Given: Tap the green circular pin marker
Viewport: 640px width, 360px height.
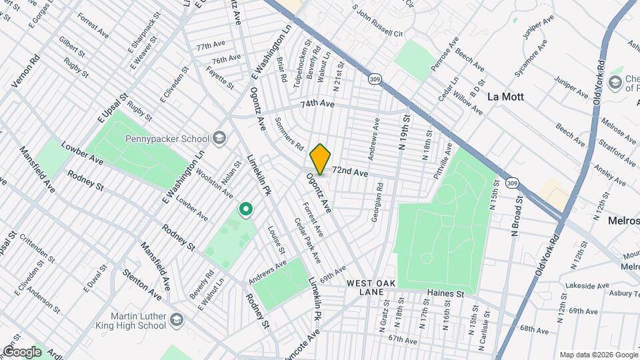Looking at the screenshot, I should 246,210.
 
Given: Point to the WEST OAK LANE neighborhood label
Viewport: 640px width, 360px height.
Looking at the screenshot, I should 371,288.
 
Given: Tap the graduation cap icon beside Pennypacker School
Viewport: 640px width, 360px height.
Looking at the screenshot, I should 219,139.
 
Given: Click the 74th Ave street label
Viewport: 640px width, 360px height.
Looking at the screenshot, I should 316,104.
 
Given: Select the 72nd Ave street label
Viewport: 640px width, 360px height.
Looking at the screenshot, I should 351,173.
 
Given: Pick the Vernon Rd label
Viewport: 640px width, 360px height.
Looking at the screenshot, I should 26,71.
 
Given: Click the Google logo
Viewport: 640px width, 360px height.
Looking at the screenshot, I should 22,351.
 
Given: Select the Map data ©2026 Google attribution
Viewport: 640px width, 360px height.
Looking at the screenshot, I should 598,355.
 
